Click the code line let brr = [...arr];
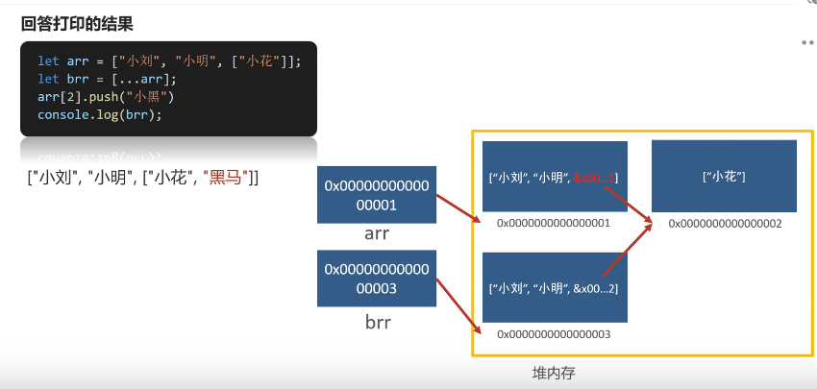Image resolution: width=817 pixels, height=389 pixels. (x=107, y=79)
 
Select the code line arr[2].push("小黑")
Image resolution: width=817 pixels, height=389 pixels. (x=106, y=97)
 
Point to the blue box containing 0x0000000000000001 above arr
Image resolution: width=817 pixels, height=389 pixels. (x=376, y=194)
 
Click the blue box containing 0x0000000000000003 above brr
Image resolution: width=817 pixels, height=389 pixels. (x=376, y=279)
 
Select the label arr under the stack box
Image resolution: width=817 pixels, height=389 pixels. (x=376, y=233)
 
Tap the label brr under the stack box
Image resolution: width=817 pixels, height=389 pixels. (x=376, y=322)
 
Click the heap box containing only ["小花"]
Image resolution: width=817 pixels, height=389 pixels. (x=724, y=176)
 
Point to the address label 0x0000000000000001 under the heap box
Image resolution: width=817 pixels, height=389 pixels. (x=554, y=223)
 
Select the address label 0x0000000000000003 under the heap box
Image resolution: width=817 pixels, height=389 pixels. (x=554, y=333)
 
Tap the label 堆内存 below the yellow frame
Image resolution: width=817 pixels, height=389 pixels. (x=556, y=371)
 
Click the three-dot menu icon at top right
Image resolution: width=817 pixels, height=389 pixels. (x=807, y=42)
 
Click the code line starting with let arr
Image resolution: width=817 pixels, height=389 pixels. (x=169, y=61)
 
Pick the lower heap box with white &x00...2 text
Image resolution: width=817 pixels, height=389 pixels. (x=555, y=287)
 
